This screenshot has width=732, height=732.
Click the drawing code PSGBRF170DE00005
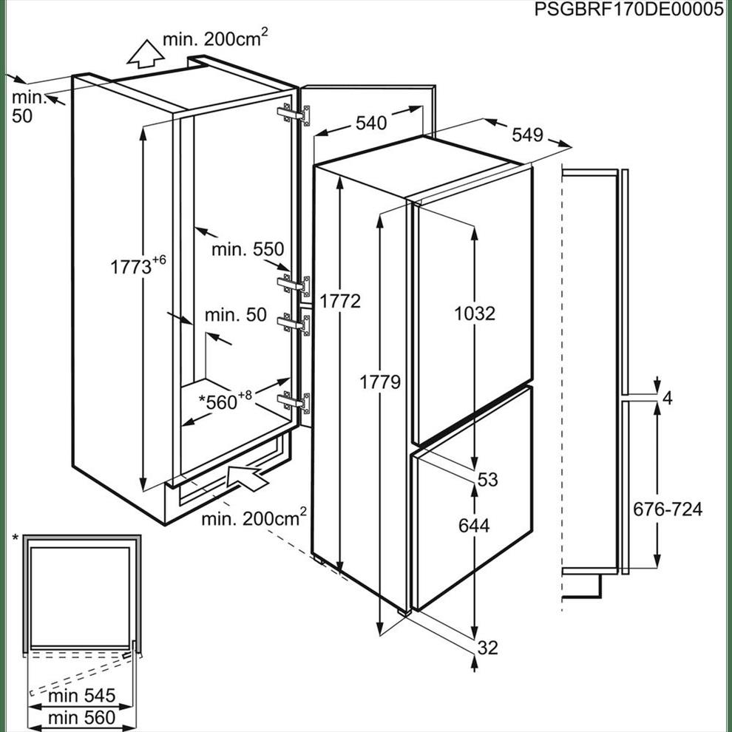pyautogui.click(x=628, y=10)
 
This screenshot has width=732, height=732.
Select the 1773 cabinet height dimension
pyautogui.click(x=138, y=265)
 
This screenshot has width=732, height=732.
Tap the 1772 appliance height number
pyautogui.click(x=340, y=302)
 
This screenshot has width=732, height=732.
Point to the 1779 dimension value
pyautogui.click(x=380, y=382)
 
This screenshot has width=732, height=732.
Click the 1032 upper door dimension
pyautogui.click(x=475, y=314)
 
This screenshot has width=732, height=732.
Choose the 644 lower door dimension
pyautogui.click(x=474, y=526)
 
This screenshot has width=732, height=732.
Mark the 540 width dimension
pyautogui.click(x=372, y=123)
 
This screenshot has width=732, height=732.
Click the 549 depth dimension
pyautogui.click(x=527, y=135)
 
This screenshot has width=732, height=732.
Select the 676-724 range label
pyautogui.click(x=668, y=509)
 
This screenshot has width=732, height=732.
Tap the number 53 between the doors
pyautogui.click(x=488, y=479)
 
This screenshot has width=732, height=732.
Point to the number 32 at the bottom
pyautogui.click(x=488, y=648)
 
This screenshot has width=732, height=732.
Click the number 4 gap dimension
pyautogui.click(x=668, y=399)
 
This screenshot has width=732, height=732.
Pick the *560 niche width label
pyautogui.click(x=226, y=401)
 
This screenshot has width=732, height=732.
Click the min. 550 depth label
pyautogui.click(x=248, y=249)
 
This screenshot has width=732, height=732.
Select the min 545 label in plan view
pyautogui.click(x=81, y=696)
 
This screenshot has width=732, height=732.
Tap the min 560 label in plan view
pyautogui.click(x=81, y=717)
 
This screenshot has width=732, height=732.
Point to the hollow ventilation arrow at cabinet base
pyautogui.click(x=246, y=477)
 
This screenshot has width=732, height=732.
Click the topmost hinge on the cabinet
pyautogui.click(x=294, y=115)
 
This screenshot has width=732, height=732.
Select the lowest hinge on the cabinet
pyautogui.click(x=294, y=402)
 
